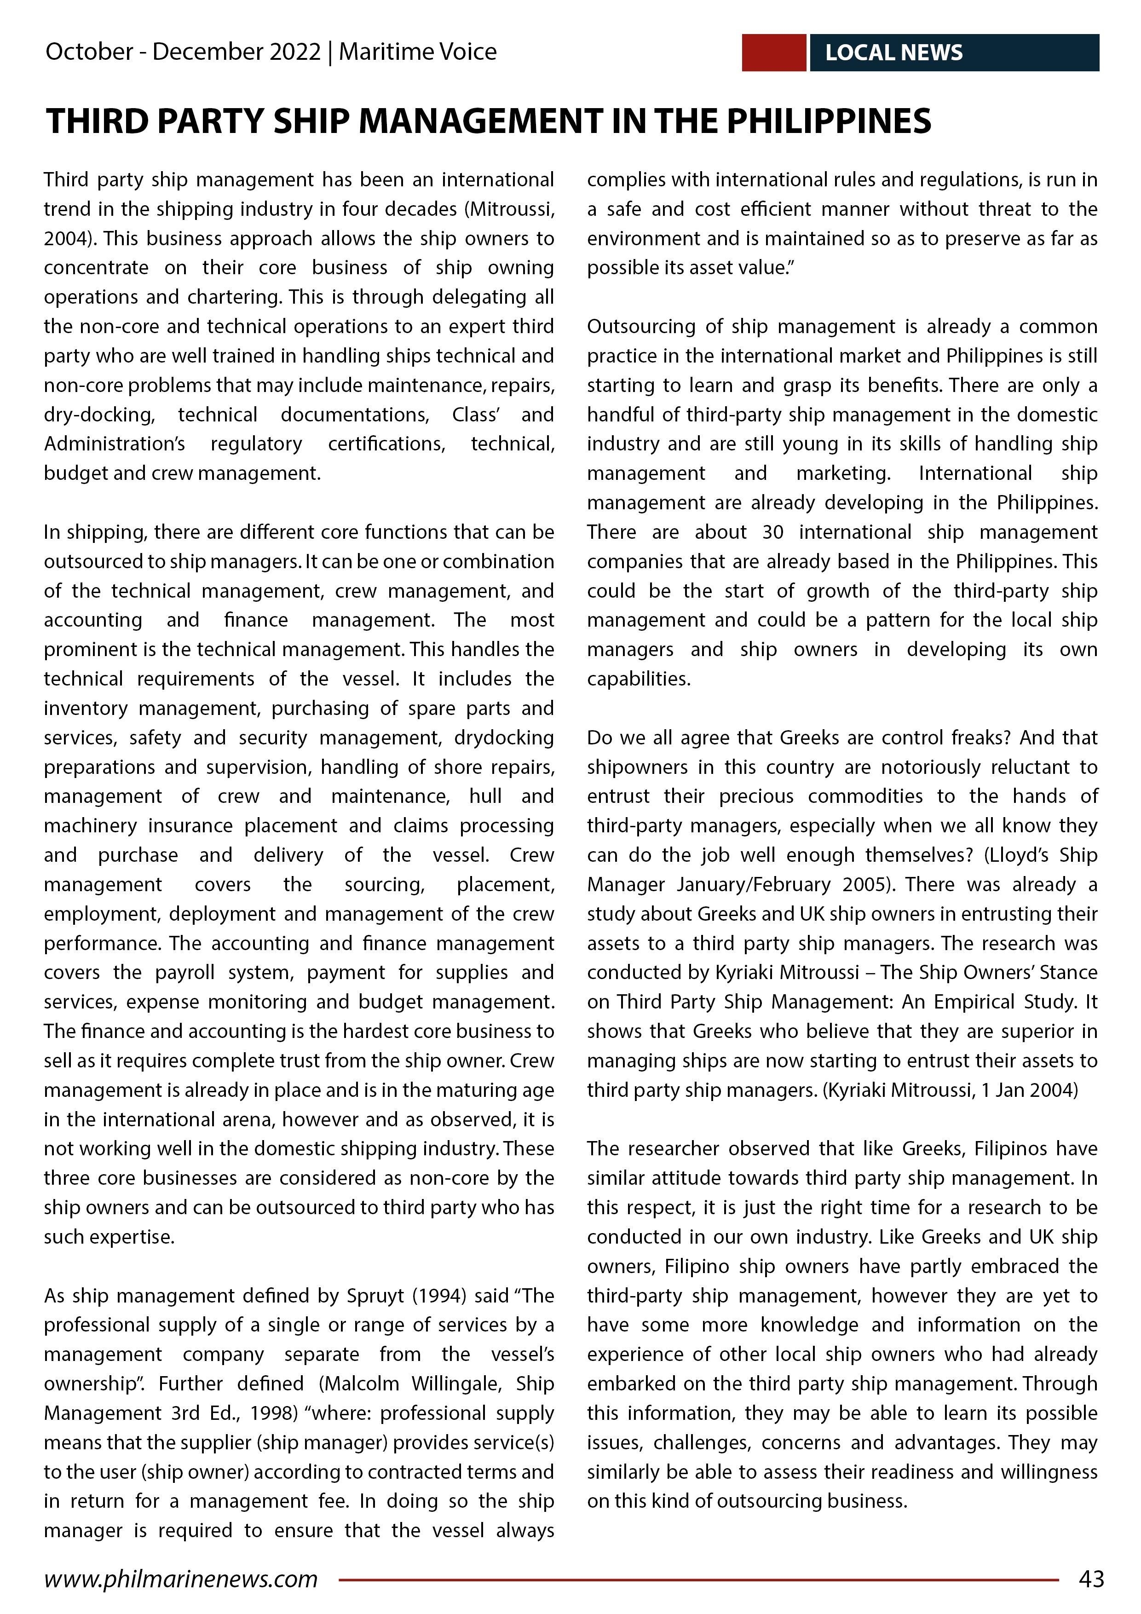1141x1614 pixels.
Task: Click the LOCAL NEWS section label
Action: tap(893, 53)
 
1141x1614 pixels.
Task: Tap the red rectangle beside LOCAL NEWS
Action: tap(773, 53)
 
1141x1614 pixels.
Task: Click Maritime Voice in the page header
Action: tap(418, 52)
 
